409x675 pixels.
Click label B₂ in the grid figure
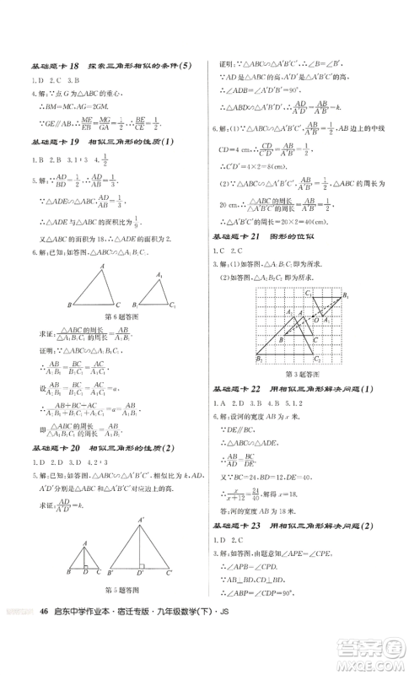click(x=259, y=359)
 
